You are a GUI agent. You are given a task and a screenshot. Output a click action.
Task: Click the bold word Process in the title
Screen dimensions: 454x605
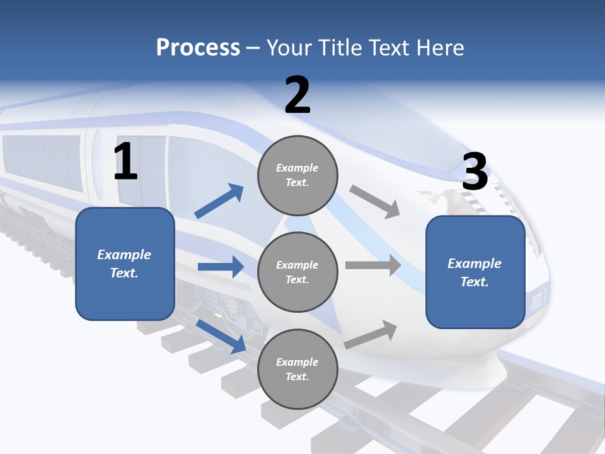198,48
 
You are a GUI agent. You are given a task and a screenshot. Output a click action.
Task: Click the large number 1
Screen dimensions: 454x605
125,162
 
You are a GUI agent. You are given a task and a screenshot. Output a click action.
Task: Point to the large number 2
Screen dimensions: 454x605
297,96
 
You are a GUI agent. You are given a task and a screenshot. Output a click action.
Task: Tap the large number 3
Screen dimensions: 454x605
475,172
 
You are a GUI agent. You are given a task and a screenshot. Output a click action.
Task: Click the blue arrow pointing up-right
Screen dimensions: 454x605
219,201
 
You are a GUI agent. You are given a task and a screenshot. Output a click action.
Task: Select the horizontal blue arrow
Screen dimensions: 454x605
221,267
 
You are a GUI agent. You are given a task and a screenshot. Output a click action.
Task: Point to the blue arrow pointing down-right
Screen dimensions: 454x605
221,335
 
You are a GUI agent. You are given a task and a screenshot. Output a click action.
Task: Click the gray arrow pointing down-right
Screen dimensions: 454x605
375,201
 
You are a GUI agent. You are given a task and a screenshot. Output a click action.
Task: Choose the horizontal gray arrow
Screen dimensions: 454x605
373,265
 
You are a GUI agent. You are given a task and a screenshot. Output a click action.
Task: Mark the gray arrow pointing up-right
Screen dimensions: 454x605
371,334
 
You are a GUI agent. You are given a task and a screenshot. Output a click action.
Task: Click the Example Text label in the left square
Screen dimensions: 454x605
124,264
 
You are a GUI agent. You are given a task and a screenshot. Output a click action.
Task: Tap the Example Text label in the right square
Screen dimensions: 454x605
475,272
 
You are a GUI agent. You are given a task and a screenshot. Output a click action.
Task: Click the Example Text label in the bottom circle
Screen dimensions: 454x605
297,369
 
